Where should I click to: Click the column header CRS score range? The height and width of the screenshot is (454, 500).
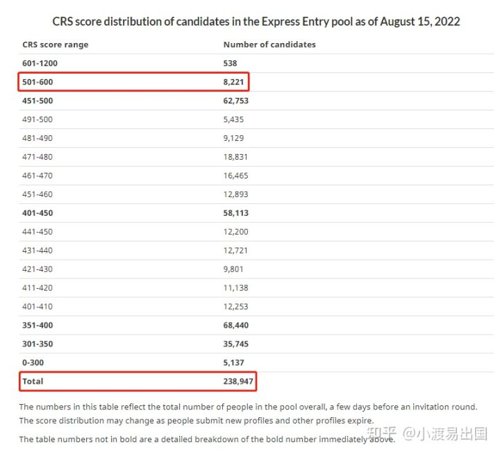tap(56, 44)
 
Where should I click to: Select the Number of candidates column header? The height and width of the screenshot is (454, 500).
tap(269, 44)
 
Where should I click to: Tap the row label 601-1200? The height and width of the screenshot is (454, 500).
tap(40, 63)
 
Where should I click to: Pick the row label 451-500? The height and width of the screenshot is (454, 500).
tap(37, 101)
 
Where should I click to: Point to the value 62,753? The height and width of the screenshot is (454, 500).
tap(236, 101)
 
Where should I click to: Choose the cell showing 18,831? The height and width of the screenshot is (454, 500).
tap(235, 157)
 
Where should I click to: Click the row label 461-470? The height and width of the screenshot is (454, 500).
tap(37, 176)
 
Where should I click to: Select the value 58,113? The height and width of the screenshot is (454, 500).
tap(236, 213)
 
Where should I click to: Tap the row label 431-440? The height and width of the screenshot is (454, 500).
tap(37, 251)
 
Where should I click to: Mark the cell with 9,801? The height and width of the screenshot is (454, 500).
tap(233, 269)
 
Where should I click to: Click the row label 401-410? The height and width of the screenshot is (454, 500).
tap(37, 307)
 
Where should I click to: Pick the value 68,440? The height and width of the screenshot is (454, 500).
tap(236, 326)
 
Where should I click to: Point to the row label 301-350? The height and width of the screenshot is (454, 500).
tap(37, 344)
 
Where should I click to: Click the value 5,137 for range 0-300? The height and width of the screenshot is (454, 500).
tap(233, 363)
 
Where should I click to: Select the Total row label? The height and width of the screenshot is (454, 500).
tap(33, 382)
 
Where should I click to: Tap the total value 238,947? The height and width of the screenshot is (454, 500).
tap(238, 382)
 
